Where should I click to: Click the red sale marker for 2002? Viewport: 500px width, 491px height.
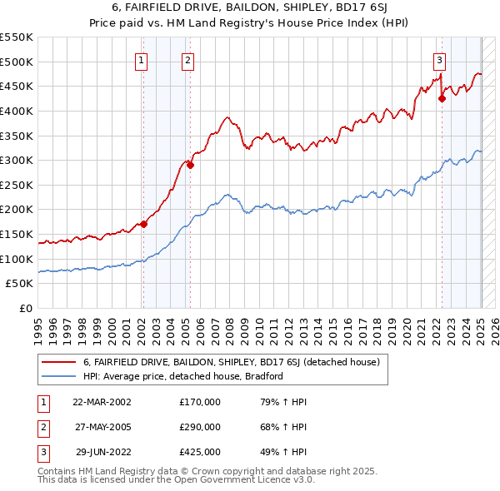click(x=143, y=224)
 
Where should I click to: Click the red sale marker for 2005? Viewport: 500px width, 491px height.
click(x=190, y=165)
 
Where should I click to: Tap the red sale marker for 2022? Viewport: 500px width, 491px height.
click(x=442, y=98)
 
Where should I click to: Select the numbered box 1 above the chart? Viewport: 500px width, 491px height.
click(x=142, y=60)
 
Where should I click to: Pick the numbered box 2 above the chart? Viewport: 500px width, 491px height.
click(x=188, y=60)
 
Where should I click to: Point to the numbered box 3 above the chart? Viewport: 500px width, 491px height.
click(x=439, y=60)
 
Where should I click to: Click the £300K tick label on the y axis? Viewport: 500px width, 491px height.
click(x=17, y=160)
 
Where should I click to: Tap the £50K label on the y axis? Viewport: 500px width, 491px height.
click(x=20, y=284)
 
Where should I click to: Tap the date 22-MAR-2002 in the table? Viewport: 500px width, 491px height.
click(x=102, y=402)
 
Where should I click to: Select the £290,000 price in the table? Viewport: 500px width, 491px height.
click(x=200, y=427)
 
